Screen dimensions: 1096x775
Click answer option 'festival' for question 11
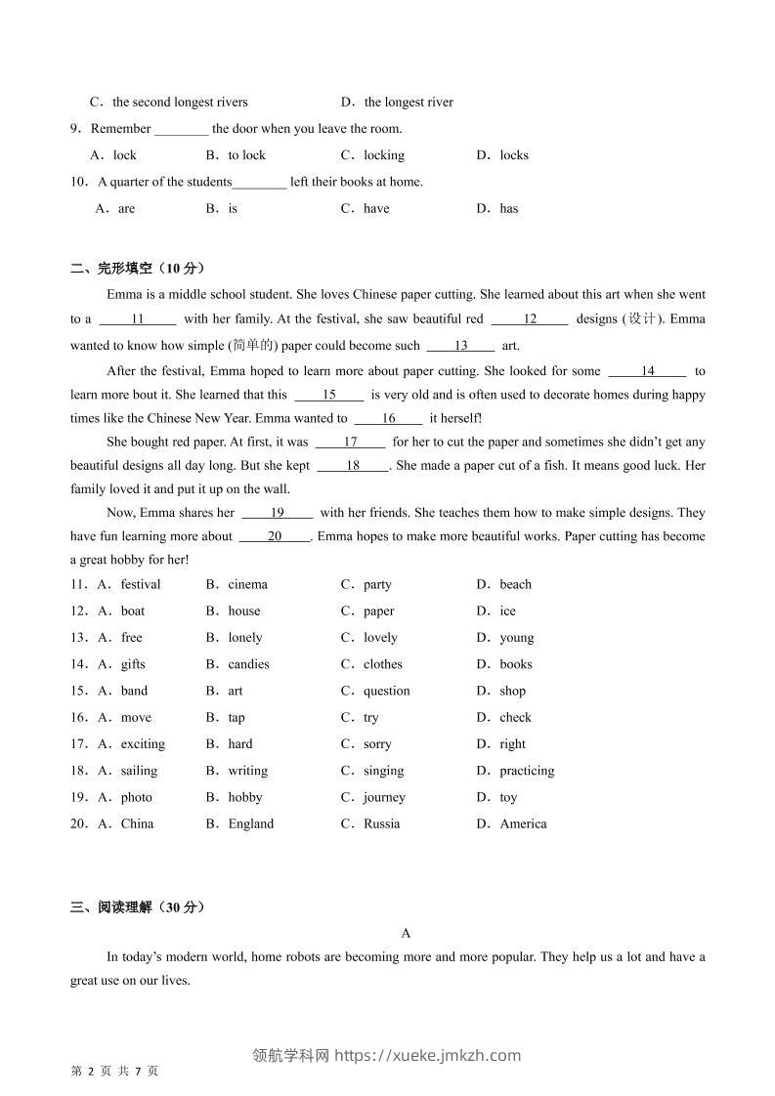[x=140, y=584]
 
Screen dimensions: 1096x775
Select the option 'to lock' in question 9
[x=246, y=155]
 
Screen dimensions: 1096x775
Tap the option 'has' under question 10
[x=508, y=208]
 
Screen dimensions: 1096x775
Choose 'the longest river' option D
[x=408, y=102]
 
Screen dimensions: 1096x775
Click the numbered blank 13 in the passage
[x=460, y=345]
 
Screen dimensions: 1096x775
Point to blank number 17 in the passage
[x=350, y=442]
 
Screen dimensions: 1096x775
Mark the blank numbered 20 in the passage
[x=274, y=535]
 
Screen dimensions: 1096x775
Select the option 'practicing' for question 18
[x=526, y=771]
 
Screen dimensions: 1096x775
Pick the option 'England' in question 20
[x=250, y=823]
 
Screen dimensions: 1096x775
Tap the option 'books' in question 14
[x=515, y=664]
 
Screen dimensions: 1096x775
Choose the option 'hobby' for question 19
[x=245, y=797]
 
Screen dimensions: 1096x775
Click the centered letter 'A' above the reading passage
[x=407, y=933]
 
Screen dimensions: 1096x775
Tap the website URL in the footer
[x=427, y=1055]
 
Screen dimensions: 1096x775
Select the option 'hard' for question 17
[x=239, y=744]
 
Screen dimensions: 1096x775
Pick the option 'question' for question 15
[x=386, y=691]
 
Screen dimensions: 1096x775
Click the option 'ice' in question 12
[x=507, y=611]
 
